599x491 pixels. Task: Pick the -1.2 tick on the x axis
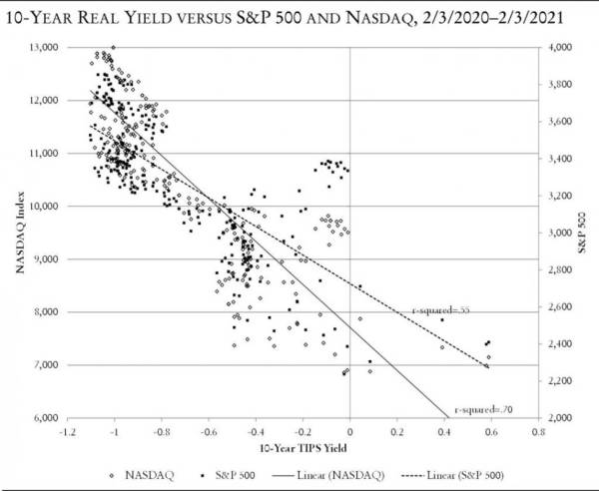[x=68, y=434]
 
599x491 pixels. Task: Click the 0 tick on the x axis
[x=350, y=434]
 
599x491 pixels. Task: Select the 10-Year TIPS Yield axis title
[x=301, y=450]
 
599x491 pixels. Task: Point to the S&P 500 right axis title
[x=587, y=232]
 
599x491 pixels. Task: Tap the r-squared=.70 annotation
[x=482, y=409]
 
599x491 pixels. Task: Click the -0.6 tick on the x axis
[x=208, y=434]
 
